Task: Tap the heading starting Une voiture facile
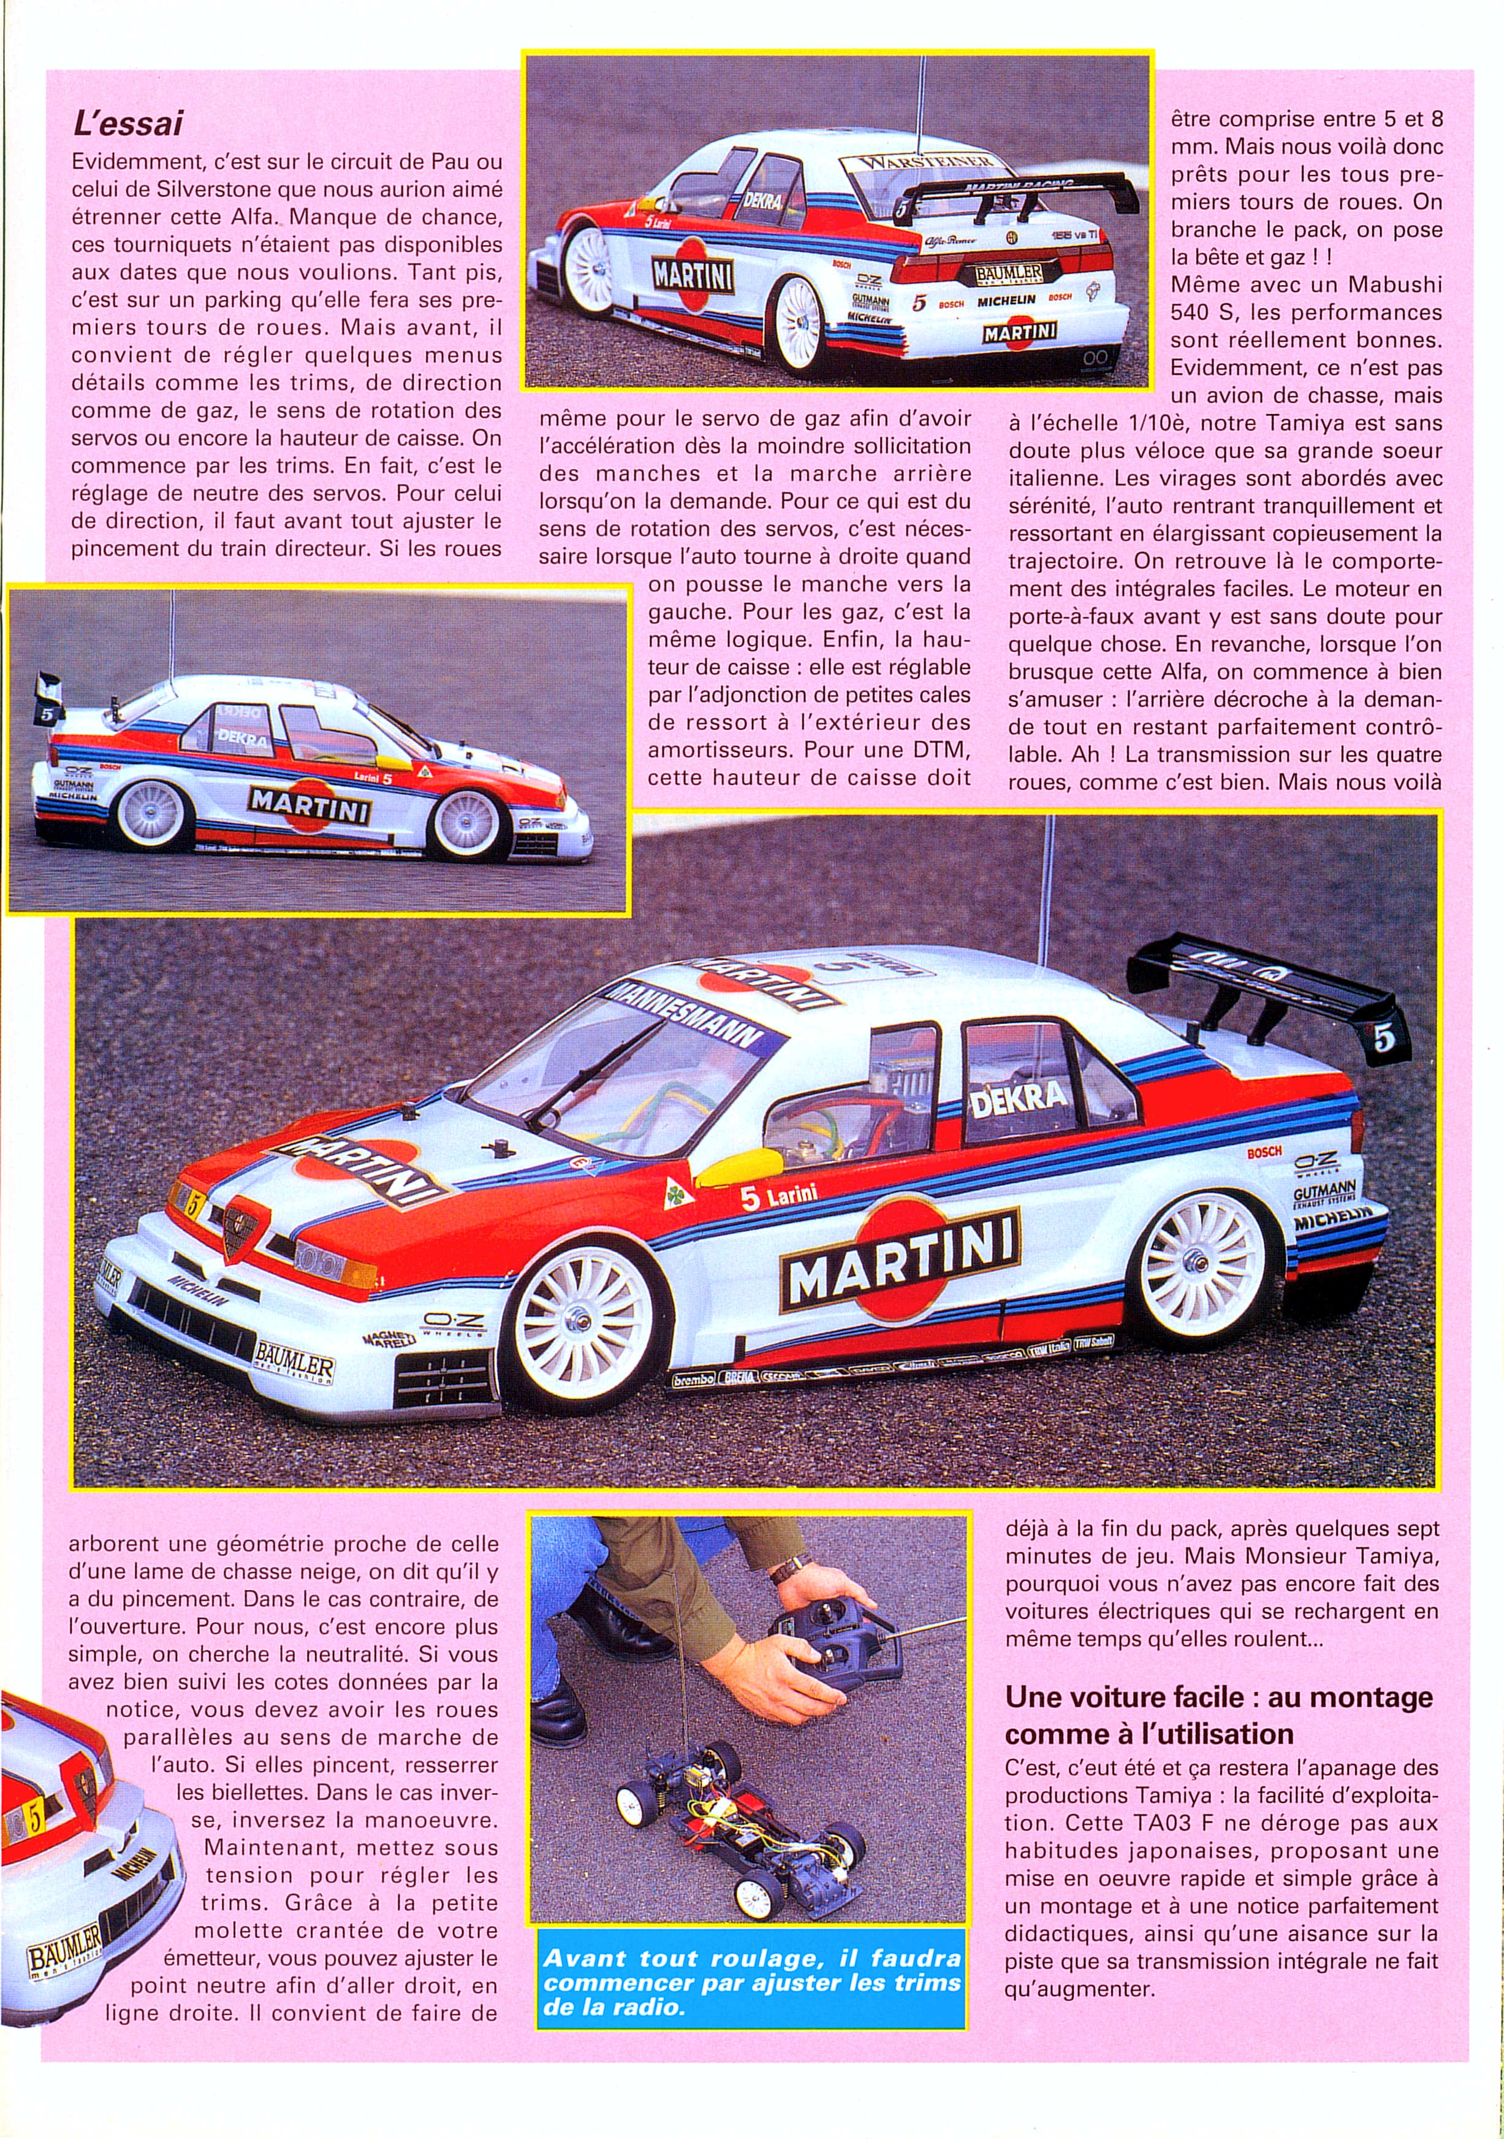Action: click(1218, 1715)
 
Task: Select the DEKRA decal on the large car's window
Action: click(1018, 1100)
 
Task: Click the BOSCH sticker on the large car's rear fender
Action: click(1264, 1152)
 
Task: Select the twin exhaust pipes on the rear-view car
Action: click(1095, 358)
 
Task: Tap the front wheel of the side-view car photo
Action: click(466, 824)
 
